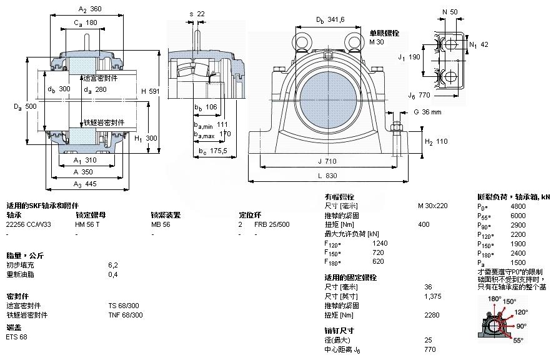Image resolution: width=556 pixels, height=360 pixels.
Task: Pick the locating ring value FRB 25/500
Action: [272, 224]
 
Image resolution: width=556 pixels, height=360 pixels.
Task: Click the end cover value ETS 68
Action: [16, 337]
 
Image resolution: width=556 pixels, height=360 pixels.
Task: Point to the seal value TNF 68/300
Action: [125, 315]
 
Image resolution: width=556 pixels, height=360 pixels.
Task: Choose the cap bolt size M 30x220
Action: [432, 206]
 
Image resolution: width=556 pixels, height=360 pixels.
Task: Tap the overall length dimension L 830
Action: [327, 177]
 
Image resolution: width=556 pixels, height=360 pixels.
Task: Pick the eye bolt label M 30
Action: [376, 42]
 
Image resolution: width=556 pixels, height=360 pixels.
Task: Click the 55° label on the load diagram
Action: [518, 341]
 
